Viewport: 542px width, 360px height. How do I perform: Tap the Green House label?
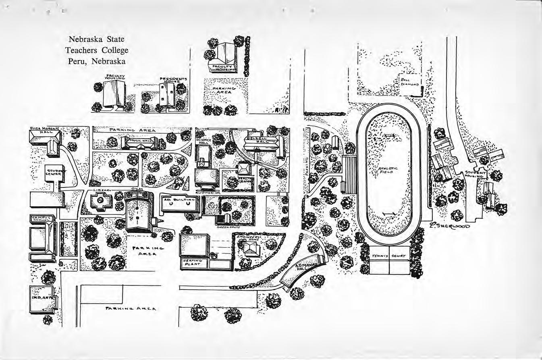(228, 227)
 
